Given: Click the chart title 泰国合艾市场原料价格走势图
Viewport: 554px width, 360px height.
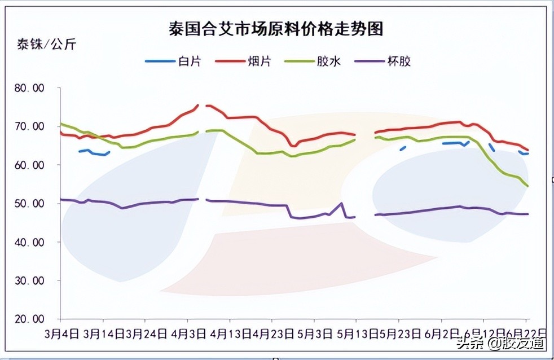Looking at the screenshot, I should pyautogui.click(x=276, y=29).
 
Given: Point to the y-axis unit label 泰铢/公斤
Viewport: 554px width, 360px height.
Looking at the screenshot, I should pyautogui.click(x=46, y=45).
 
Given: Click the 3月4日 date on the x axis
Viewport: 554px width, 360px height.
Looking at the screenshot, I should pyautogui.click(x=61, y=333).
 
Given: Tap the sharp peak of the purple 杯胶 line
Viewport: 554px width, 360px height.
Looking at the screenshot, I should pyautogui.click(x=341, y=203).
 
